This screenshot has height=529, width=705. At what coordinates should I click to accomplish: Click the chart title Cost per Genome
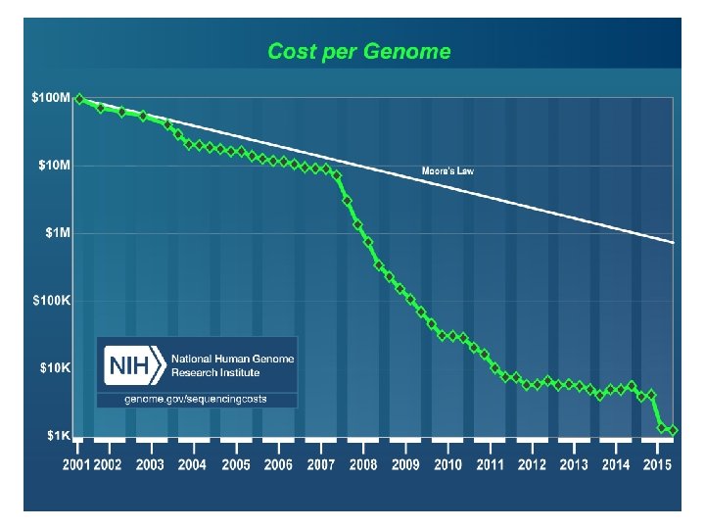pyautogui.click(x=359, y=51)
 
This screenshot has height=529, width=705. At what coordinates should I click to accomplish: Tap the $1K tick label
pyautogui.click(x=57, y=435)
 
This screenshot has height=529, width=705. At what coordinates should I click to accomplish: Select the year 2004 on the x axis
pyautogui.click(x=192, y=464)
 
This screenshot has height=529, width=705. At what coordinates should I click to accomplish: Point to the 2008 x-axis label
pyautogui.click(x=363, y=464)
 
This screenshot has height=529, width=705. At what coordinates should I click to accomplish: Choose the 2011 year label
pyautogui.click(x=490, y=464)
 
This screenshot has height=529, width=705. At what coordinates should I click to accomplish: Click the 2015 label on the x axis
pyautogui.click(x=657, y=464)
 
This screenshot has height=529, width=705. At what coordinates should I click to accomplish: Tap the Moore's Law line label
pyautogui.click(x=447, y=171)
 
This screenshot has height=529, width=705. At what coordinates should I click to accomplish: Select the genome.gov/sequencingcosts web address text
pyautogui.click(x=195, y=400)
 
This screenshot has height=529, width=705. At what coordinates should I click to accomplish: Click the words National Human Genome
pyautogui.click(x=231, y=360)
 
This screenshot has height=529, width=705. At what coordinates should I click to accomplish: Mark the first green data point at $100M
pyautogui.click(x=79, y=98)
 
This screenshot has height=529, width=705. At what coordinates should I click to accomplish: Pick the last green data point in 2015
pyautogui.click(x=674, y=430)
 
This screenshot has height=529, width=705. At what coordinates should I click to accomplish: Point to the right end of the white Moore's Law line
pyautogui.click(x=674, y=241)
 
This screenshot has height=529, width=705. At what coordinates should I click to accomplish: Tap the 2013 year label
pyautogui.click(x=574, y=464)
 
